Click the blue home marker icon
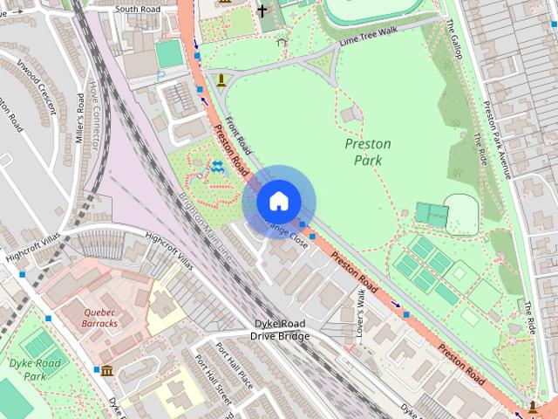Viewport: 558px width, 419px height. [x=277, y=202]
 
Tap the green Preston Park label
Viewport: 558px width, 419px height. [x=368, y=152]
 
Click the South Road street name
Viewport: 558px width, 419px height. [x=139, y=9]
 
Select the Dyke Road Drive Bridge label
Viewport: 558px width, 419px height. [x=280, y=330]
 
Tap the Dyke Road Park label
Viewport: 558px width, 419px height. [x=34, y=368]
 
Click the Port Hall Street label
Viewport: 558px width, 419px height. [x=212, y=381]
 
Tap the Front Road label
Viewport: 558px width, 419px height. [x=237, y=134]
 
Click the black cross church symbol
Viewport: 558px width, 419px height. [x=262, y=11]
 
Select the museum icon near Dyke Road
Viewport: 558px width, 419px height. [x=106, y=372]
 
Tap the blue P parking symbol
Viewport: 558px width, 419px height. [x=160, y=77]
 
